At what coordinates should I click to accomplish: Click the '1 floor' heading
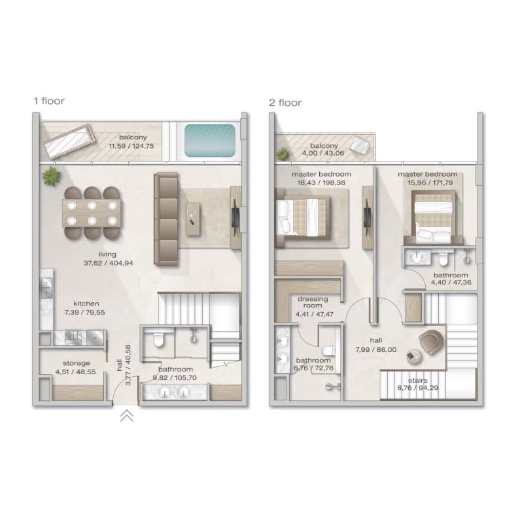click(x=49, y=101)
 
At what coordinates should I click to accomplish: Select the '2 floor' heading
click(x=285, y=103)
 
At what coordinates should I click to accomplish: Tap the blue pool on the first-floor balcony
click(x=210, y=140)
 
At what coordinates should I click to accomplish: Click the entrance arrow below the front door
click(x=127, y=415)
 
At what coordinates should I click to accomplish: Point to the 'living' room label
click(x=107, y=254)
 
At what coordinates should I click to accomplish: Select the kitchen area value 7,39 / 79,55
click(x=85, y=313)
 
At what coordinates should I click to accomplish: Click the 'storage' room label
click(x=77, y=363)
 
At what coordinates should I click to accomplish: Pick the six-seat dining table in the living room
click(x=92, y=213)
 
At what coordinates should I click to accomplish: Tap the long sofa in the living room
click(x=166, y=219)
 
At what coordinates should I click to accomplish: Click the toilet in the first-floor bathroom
click(x=159, y=339)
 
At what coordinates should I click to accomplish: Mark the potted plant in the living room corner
click(x=52, y=176)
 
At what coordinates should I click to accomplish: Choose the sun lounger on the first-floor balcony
click(x=70, y=141)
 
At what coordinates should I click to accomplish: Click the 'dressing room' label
click(x=313, y=302)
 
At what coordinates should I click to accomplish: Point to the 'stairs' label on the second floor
click(x=418, y=381)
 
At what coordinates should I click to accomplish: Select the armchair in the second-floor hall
click(x=431, y=342)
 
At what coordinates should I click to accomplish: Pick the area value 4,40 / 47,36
click(x=451, y=282)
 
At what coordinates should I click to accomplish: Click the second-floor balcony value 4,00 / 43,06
click(x=323, y=153)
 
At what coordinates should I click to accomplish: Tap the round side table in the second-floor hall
click(x=414, y=356)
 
